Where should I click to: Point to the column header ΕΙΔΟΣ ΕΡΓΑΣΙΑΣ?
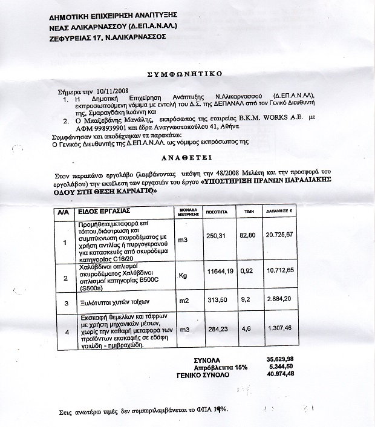click(x=103, y=212)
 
